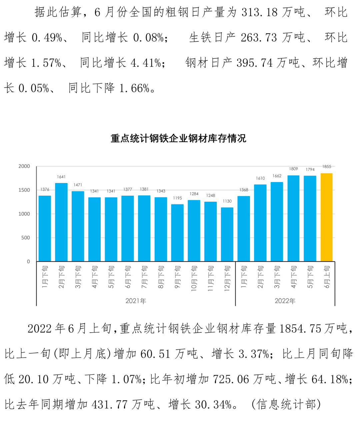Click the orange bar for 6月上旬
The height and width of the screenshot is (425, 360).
click(x=327, y=217)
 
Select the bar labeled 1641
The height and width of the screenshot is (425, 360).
click(x=61, y=222)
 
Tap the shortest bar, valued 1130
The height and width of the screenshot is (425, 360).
click(x=227, y=234)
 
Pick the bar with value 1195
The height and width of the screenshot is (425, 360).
click(x=177, y=233)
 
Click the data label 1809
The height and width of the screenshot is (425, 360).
click(x=293, y=169)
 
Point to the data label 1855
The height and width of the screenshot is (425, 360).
click(x=327, y=167)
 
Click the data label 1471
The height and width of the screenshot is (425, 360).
click(x=78, y=185)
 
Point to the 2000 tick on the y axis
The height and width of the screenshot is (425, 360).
click(x=24, y=166)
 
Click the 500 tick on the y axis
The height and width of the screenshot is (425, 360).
click(x=25, y=238)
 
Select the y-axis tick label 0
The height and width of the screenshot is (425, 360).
click(x=28, y=262)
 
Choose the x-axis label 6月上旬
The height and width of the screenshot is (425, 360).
click(x=327, y=277)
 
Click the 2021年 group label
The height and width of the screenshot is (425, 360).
click(x=136, y=301)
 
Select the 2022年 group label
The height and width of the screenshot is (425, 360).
click(x=285, y=301)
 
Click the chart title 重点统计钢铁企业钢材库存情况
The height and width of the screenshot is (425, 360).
click(x=178, y=138)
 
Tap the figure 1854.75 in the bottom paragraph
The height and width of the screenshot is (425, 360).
click(x=300, y=329)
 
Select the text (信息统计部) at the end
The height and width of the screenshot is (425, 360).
click(x=286, y=404)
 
